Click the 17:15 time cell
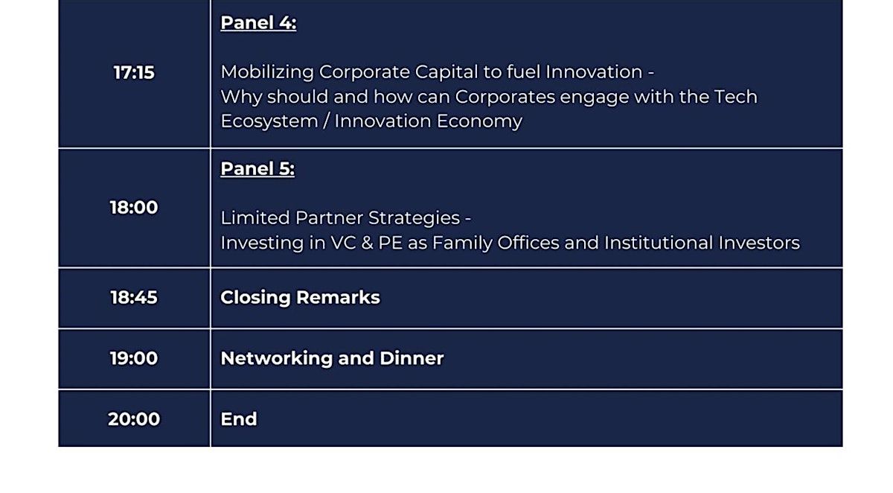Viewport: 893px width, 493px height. tap(134, 73)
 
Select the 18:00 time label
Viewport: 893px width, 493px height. tap(134, 208)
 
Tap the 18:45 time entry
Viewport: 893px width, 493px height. tap(134, 298)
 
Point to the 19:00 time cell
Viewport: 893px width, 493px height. tap(134, 358)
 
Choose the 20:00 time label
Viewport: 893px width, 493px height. tap(134, 419)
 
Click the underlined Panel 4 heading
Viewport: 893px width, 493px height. tap(258, 23)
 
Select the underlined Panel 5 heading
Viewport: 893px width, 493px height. tap(257, 169)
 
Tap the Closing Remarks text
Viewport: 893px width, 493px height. tap(300, 298)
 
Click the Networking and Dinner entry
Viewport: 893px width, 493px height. tap(332, 358)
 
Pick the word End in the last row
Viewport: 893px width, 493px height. tap(239, 419)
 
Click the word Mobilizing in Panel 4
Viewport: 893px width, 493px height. tap(267, 72)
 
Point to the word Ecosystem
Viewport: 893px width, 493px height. tap(269, 121)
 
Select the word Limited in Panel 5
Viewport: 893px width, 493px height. tap(255, 217)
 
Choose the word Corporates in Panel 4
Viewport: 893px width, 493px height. tap(505, 98)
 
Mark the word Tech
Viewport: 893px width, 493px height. tap(735, 97)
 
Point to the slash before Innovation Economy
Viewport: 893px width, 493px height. tap(326, 121)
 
